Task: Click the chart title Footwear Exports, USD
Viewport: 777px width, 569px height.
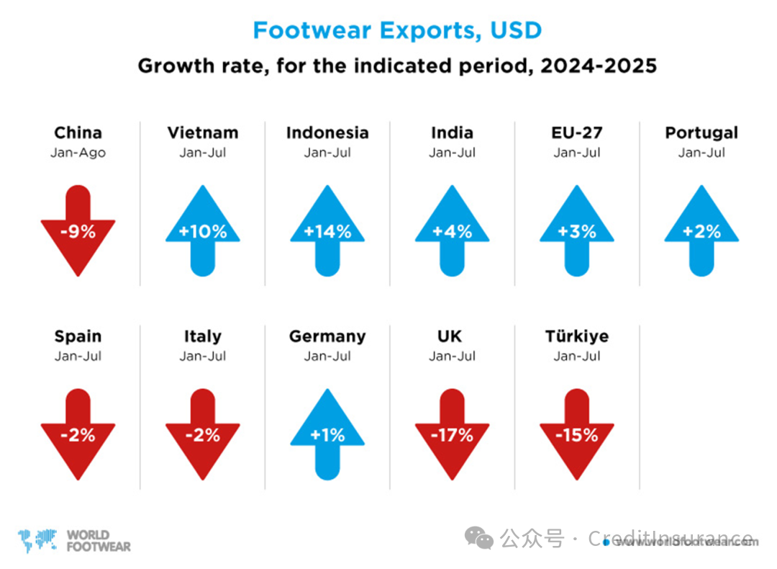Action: [397, 30]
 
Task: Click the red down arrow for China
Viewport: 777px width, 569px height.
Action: [78, 230]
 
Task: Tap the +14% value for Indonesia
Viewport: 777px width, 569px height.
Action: [327, 232]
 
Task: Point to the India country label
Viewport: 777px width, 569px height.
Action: [452, 133]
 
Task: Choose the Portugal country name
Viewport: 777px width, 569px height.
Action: [701, 133]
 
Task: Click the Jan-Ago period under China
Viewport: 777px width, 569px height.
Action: [78, 153]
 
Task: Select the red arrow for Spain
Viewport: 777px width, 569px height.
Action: [78, 434]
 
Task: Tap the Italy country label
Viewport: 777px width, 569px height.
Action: [202, 336]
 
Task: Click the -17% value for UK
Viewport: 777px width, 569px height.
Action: [453, 435]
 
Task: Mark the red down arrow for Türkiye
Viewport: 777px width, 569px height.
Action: [577, 434]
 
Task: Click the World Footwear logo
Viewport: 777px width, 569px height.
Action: [75, 541]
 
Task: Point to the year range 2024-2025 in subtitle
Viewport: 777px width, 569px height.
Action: [598, 66]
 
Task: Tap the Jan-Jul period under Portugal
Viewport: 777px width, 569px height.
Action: [701, 153]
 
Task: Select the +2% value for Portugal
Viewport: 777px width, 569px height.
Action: [701, 232]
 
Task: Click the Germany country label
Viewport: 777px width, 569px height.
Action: [327, 336]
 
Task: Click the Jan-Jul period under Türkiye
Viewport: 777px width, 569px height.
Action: [577, 357]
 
